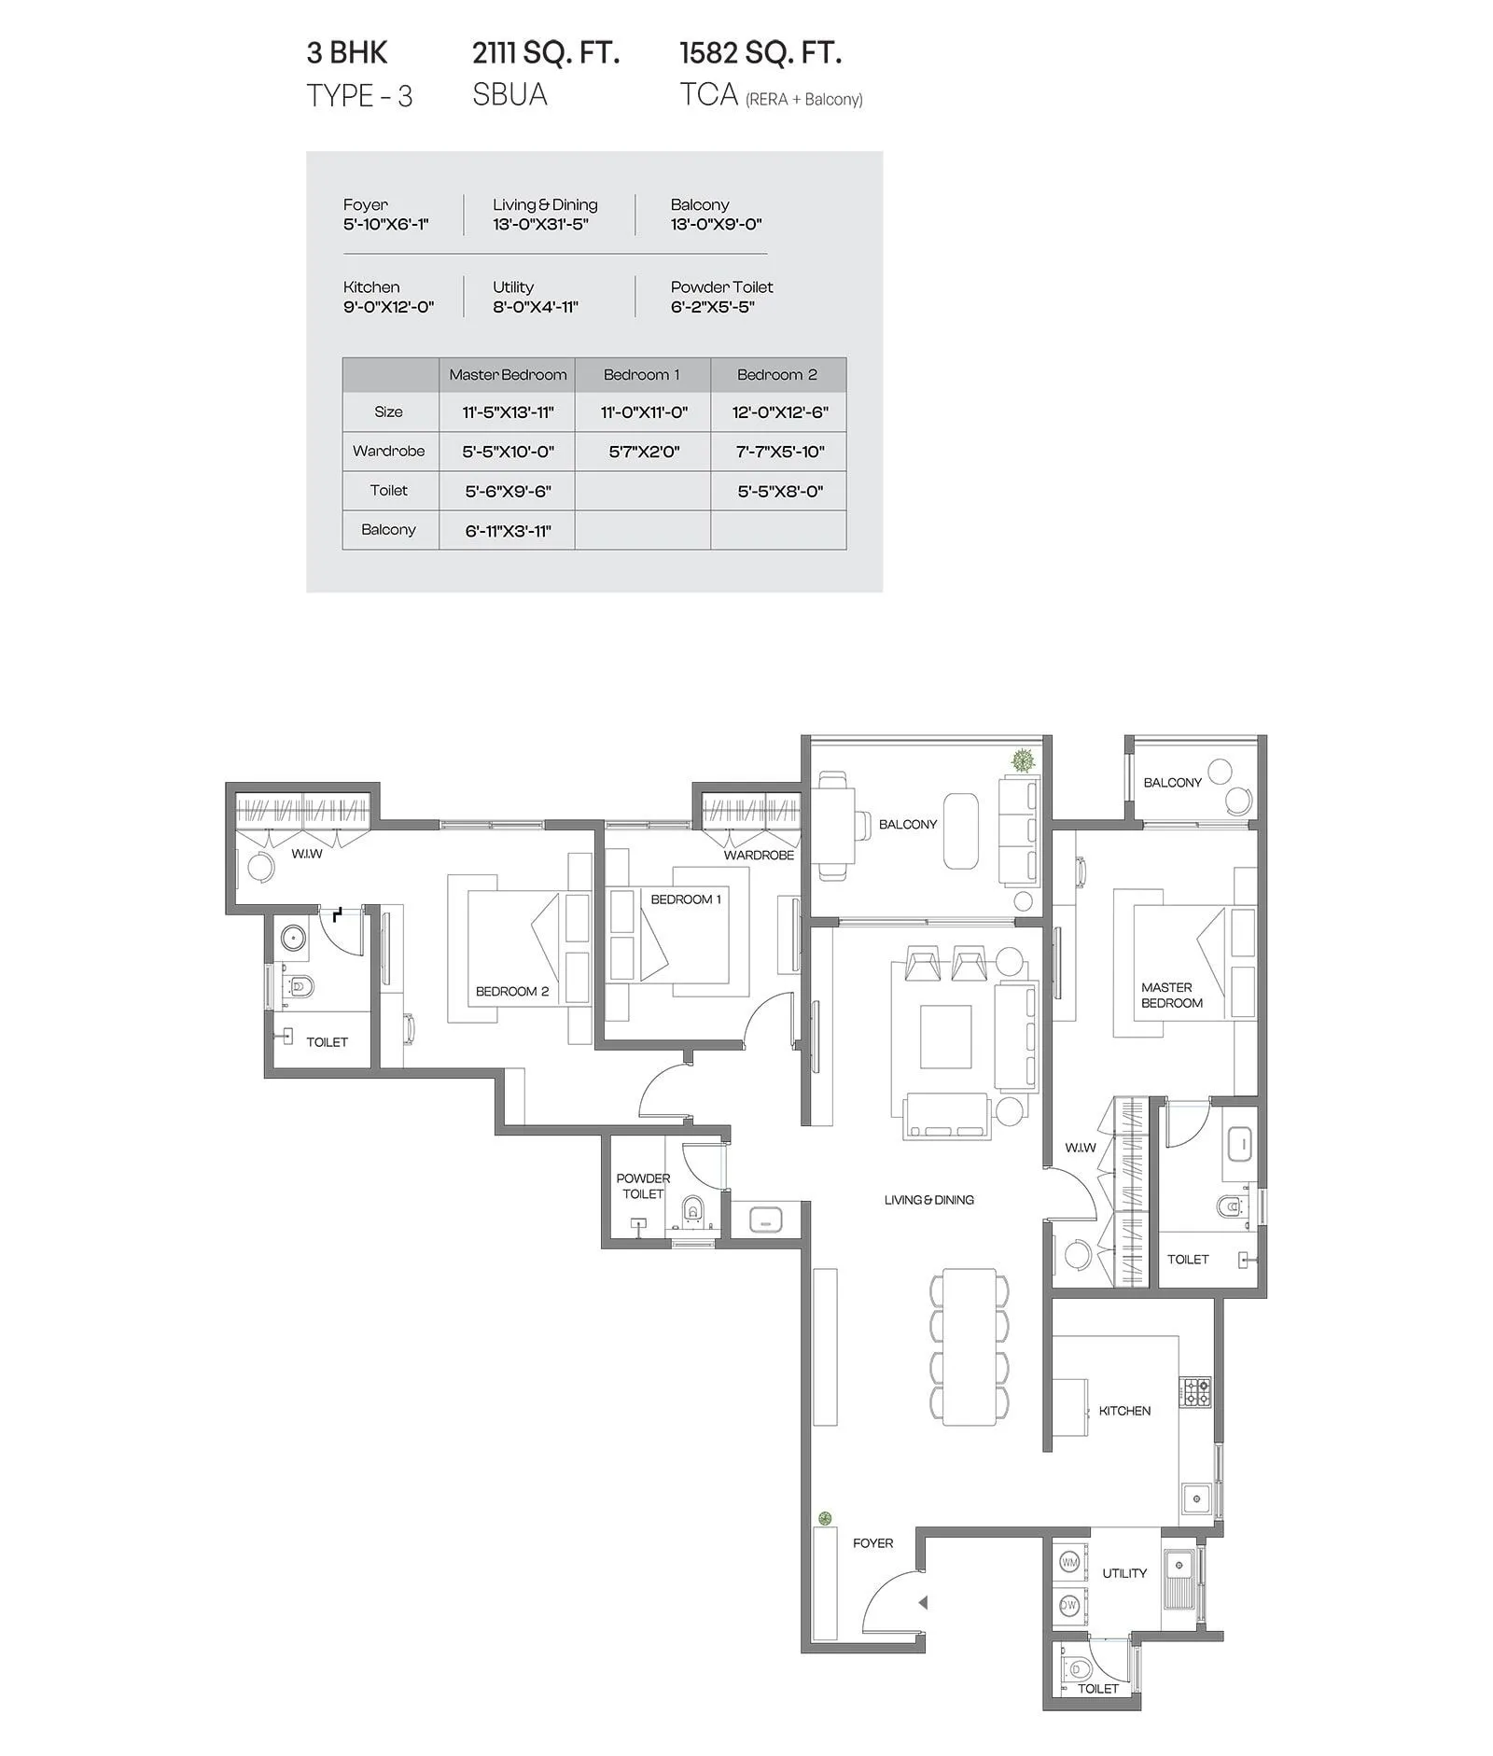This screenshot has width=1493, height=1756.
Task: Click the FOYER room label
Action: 872,1543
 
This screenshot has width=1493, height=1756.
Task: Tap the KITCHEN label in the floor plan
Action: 1124,1411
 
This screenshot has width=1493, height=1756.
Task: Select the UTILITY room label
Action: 1123,1573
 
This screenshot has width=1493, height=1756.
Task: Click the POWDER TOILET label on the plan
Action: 643,1186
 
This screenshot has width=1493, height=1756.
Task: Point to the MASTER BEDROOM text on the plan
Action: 1171,995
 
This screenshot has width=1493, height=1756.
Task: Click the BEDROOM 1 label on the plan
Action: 686,899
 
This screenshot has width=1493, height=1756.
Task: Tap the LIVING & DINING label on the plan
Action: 928,1200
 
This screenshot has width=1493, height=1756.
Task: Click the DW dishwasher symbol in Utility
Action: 1069,1605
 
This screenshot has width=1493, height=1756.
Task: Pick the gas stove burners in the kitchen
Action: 1196,1393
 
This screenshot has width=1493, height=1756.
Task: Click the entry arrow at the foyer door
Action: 922,1603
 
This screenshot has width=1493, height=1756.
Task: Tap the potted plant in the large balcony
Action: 1023,760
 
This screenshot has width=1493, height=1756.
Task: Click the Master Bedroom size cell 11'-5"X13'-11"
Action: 508,412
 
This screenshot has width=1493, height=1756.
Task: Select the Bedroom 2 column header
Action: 776,375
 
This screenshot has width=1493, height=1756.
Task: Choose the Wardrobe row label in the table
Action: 388,452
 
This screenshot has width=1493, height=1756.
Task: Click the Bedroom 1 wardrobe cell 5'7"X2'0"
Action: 643,453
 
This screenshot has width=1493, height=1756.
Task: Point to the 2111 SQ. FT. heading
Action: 546,53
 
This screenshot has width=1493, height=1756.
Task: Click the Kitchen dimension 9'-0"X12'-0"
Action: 388,307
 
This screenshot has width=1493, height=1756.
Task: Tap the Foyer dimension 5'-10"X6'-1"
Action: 385,224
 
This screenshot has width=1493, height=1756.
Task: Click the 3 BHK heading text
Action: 347,53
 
